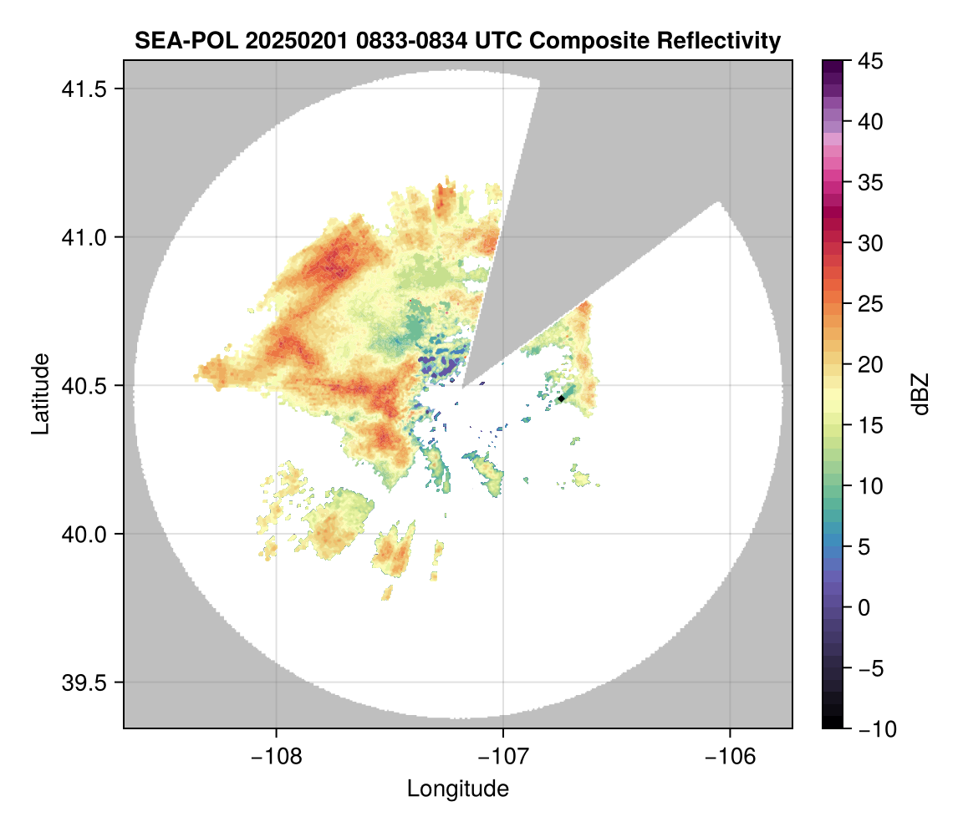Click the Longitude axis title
tap(457, 789)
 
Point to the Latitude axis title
tap(40, 393)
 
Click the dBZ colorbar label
tap(920, 394)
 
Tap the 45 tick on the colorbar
tap(871, 61)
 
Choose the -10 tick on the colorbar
tap(875, 729)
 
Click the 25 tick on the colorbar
tap(871, 304)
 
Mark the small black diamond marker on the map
tap(562, 398)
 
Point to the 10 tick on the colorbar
tap(871, 486)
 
